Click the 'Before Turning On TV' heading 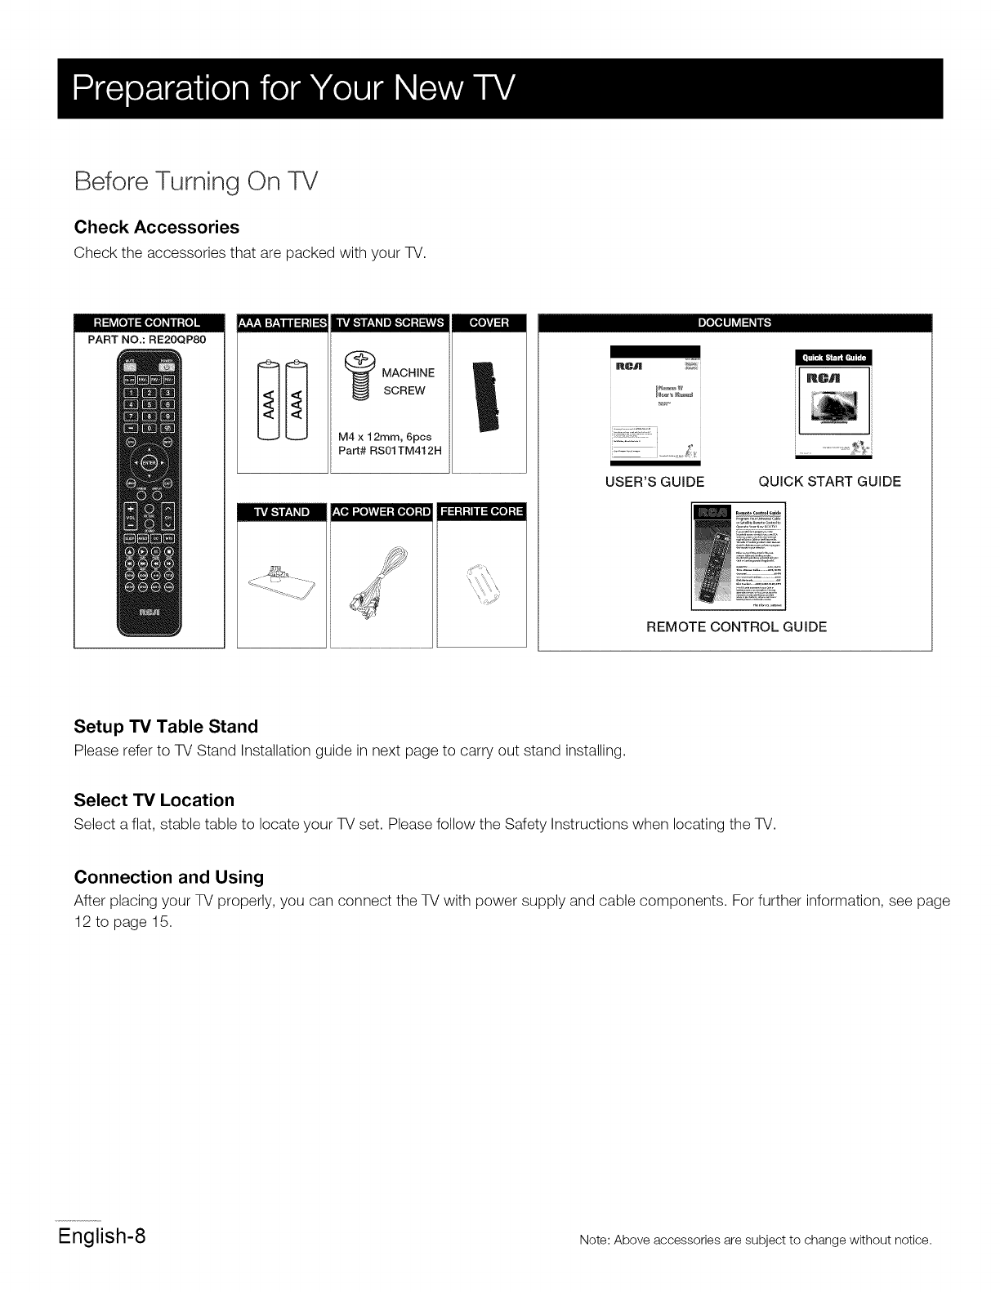(195, 181)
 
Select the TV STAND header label (282, 512)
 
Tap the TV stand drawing (282, 581)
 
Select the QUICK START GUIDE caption (830, 482)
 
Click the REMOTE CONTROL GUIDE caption (736, 627)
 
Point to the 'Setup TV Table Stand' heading (166, 726)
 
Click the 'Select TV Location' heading (154, 800)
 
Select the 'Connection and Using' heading (169, 877)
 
